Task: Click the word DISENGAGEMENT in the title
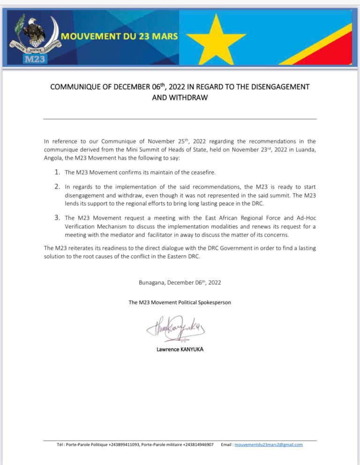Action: pos(278,87)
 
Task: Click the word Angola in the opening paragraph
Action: pos(53,158)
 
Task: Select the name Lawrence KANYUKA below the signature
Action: pos(180,349)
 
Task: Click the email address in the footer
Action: pos(269,445)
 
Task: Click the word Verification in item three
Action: pos(81,226)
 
